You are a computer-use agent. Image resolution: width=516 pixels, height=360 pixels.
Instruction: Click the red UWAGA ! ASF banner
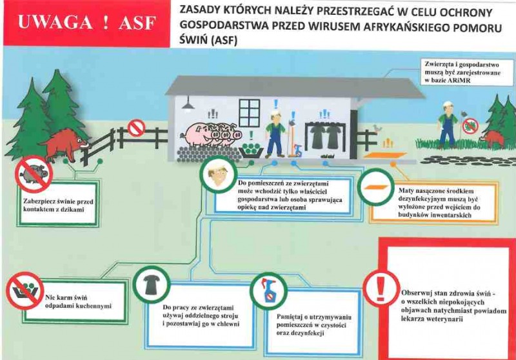(x=87, y=23)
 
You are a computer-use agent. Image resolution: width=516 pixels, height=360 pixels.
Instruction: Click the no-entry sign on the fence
(x=136, y=128)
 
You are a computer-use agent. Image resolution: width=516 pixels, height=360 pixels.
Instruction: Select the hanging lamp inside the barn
(x=188, y=104)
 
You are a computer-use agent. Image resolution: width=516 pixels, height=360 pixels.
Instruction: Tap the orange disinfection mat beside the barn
(x=384, y=155)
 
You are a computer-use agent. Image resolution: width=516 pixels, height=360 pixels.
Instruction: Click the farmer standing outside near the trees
(x=447, y=125)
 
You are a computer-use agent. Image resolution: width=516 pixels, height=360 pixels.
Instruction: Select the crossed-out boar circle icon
(x=34, y=174)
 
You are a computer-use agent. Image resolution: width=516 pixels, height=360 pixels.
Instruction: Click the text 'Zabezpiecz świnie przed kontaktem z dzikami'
(x=58, y=205)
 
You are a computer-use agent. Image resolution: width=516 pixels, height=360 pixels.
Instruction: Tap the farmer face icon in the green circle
(x=218, y=174)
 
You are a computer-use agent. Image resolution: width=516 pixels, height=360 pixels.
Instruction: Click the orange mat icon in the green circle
(x=376, y=187)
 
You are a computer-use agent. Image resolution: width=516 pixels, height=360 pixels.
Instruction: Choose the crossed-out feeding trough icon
(x=25, y=290)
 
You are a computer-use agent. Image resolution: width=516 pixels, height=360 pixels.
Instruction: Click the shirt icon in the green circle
(x=152, y=285)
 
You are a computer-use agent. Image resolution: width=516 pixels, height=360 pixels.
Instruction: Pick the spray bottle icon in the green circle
(x=268, y=291)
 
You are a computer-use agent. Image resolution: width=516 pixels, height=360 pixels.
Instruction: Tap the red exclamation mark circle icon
(x=381, y=288)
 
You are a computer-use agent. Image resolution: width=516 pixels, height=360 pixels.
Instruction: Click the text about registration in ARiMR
(x=462, y=72)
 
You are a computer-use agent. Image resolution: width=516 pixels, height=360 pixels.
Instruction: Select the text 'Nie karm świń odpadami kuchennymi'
(x=78, y=302)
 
